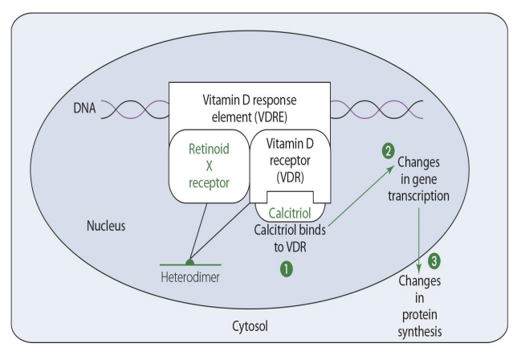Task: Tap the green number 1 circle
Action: click(x=286, y=270)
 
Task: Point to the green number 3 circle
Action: click(x=435, y=260)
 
